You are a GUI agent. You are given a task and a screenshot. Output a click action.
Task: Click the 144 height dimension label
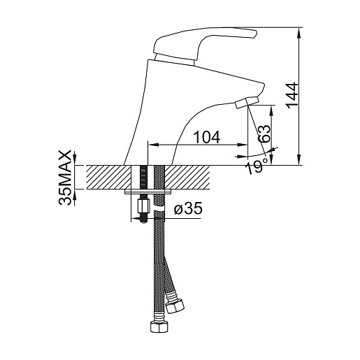pyautogui.click(x=292, y=95)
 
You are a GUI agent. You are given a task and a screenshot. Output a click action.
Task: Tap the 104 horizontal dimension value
pyautogui.click(x=207, y=137)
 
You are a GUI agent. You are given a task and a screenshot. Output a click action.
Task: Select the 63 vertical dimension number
pyautogui.click(x=265, y=134)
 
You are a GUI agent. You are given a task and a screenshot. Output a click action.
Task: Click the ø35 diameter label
pyautogui.click(x=188, y=208)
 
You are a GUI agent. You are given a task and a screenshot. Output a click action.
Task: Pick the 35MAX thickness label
pyautogui.click(x=64, y=178)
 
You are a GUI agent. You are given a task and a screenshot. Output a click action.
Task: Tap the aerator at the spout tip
pyautogui.click(x=247, y=103)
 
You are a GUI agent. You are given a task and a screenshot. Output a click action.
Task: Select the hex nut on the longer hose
pyautogui.click(x=159, y=326)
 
